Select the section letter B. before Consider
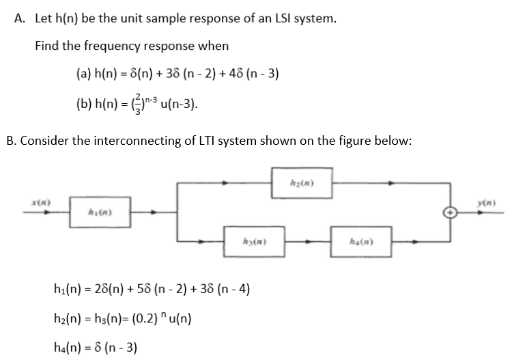[x=11, y=142]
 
